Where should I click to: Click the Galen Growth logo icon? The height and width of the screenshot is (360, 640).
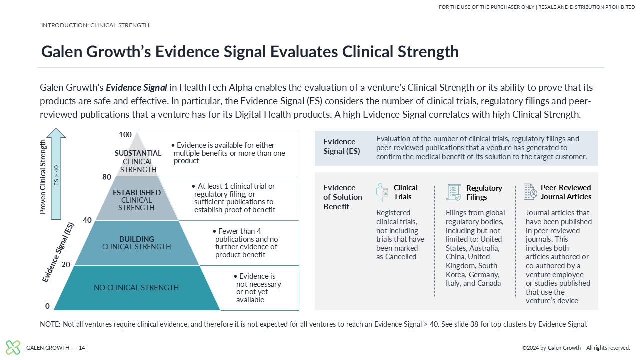tap(13, 347)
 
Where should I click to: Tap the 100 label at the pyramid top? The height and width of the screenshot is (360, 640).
tap(125, 135)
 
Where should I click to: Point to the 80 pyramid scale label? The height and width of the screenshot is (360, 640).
tap(107, 177)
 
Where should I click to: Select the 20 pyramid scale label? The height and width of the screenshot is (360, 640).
tap(65, 265)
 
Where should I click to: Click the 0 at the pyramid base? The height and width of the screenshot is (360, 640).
tap(47, 306)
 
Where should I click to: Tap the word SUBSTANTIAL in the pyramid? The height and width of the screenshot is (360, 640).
tap(138, 153)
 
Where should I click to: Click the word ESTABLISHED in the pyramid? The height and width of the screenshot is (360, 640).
tap(137, 193)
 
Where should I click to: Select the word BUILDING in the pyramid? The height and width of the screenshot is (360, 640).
tap(137, 239)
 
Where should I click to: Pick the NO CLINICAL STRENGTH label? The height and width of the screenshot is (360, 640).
tap(136, 287)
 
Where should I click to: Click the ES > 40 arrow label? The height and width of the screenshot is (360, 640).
tap(56, 175)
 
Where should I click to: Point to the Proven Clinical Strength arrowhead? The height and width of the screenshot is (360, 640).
tap(56, 133)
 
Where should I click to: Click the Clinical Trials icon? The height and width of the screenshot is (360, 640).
tap(382, 192)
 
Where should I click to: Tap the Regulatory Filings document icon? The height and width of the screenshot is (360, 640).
tap(453, 192)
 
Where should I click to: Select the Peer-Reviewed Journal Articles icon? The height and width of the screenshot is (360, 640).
tap(530, 192)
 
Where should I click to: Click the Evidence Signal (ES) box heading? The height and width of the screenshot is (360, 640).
tap(341, 146)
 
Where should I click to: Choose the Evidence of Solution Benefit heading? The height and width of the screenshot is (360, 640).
tap(343, 197)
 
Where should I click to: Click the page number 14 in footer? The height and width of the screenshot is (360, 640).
tap(82, 348)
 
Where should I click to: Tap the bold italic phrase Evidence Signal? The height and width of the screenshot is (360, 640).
tap(136, 87)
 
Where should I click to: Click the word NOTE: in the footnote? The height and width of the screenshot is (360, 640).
tap(50, 324)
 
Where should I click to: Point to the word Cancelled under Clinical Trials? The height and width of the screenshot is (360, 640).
tap(401, 257)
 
